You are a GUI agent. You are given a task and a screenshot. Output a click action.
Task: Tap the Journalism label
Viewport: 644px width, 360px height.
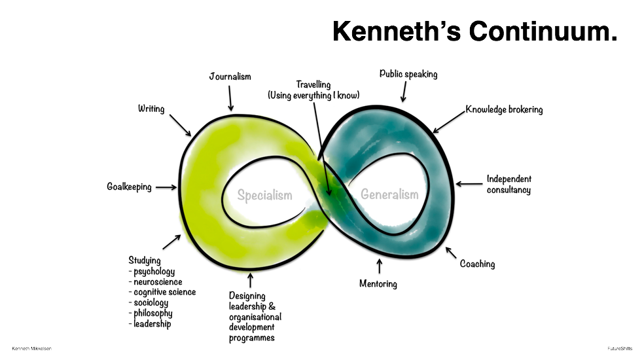[230, 77]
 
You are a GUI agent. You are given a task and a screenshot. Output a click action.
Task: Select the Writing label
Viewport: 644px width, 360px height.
[151, 109]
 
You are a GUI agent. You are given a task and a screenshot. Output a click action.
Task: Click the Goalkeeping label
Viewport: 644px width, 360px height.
[130, 187]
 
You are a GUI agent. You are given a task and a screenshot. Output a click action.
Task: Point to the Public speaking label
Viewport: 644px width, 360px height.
[408, 74]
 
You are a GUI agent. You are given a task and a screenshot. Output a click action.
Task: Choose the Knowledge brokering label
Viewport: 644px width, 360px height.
[504, 109]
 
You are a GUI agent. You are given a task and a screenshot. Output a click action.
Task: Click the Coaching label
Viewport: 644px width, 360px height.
[477, 264]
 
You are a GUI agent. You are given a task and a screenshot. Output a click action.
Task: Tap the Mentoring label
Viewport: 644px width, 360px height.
[378, 283]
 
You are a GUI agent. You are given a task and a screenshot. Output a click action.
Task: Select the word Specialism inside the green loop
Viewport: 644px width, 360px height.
[264, 195]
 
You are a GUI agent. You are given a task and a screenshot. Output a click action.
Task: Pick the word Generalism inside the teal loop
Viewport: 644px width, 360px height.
[389, 194]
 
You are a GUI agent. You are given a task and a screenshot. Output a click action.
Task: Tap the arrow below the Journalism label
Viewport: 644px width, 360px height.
[230, 99]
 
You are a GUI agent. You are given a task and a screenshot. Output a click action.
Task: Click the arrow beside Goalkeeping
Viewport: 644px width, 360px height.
[166, 187]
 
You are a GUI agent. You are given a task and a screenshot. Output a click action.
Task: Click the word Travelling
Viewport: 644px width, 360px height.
[313, 84]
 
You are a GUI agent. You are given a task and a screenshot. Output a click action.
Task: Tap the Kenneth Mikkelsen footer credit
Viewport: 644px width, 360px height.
[30, 348]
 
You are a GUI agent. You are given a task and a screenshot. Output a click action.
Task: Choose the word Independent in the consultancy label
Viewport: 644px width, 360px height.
[509, 179]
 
